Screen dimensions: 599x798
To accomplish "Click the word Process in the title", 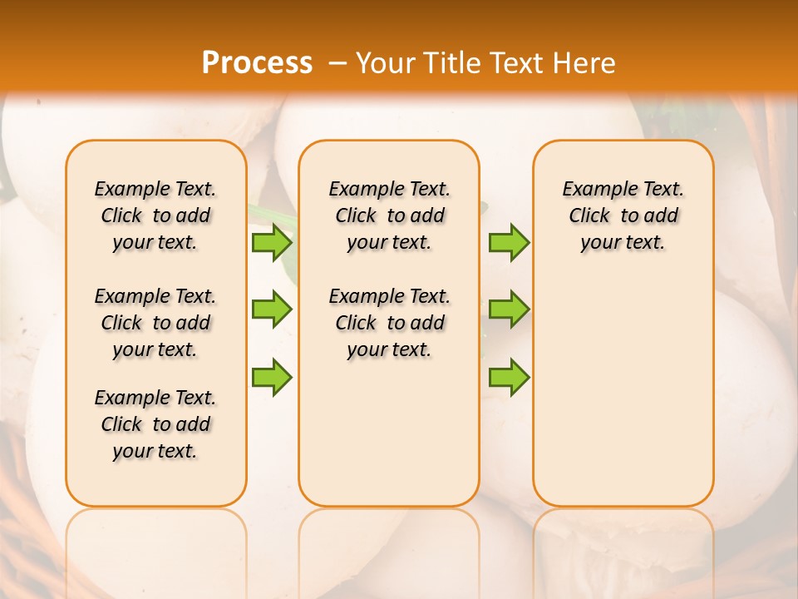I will tap(257, 62).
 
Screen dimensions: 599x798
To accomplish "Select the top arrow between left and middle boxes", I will tap(271, 243).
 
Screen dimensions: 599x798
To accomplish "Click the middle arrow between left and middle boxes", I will tap(271, 309).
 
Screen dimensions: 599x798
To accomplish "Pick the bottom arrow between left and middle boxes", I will tap(271, 376).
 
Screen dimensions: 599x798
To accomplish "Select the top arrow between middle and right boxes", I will tap(509, 243).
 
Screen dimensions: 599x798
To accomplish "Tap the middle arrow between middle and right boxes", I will tap(509, 309).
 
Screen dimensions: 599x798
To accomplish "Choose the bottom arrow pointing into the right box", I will tap(509, 376).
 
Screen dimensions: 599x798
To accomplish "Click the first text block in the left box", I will tap(155, 215).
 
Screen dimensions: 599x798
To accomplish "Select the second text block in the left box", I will tap(155, 323).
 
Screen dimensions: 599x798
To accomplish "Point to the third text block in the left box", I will tap(155, 424).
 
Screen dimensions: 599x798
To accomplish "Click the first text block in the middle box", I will tap(389, 215).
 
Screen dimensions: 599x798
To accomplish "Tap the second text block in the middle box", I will tap(389, 323).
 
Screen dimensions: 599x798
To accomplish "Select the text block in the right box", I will tap(623, 215).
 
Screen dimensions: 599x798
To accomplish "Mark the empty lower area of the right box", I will tap(623, 391).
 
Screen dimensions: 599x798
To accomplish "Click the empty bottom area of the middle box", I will tap(389, 441).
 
